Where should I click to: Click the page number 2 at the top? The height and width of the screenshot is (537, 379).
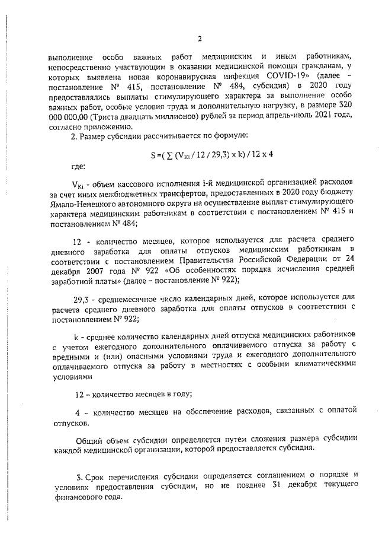coord(200,40)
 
